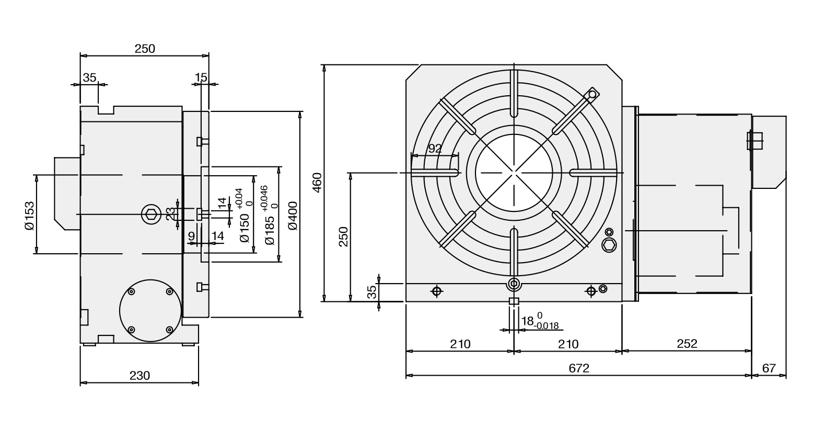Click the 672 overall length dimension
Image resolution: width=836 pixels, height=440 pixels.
point(578,368)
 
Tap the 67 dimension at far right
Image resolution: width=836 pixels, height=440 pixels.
point(769,368)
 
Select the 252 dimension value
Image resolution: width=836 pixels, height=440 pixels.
point(687,344)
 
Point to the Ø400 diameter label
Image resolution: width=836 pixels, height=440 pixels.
point(292,215)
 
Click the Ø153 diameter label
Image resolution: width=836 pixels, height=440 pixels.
point(29,215)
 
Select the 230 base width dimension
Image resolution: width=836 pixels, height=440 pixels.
point(140,376)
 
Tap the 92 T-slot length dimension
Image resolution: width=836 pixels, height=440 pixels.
point(435,149)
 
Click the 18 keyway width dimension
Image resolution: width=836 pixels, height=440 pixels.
point(527,321)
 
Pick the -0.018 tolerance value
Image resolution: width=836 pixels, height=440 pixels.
point(547,326)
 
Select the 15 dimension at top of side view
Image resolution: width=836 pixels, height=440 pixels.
point(201,77)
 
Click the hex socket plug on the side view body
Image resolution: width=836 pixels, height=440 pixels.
point(152,214)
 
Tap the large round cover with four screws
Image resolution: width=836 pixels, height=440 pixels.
point(150,310)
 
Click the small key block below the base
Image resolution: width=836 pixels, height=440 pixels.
point(514,301)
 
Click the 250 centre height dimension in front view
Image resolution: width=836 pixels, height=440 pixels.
point(343,236)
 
